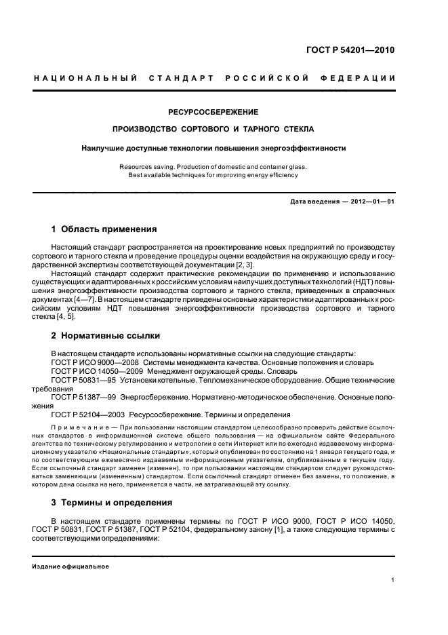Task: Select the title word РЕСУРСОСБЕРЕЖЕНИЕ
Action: click(x=213, y=111)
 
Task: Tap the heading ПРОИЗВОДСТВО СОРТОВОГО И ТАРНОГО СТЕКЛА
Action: click(x=213, y=129)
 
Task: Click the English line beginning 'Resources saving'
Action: click(x=213, y=166)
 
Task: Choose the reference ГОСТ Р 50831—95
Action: click(x=86, y=381)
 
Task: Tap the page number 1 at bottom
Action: click(x=393, y=581)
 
